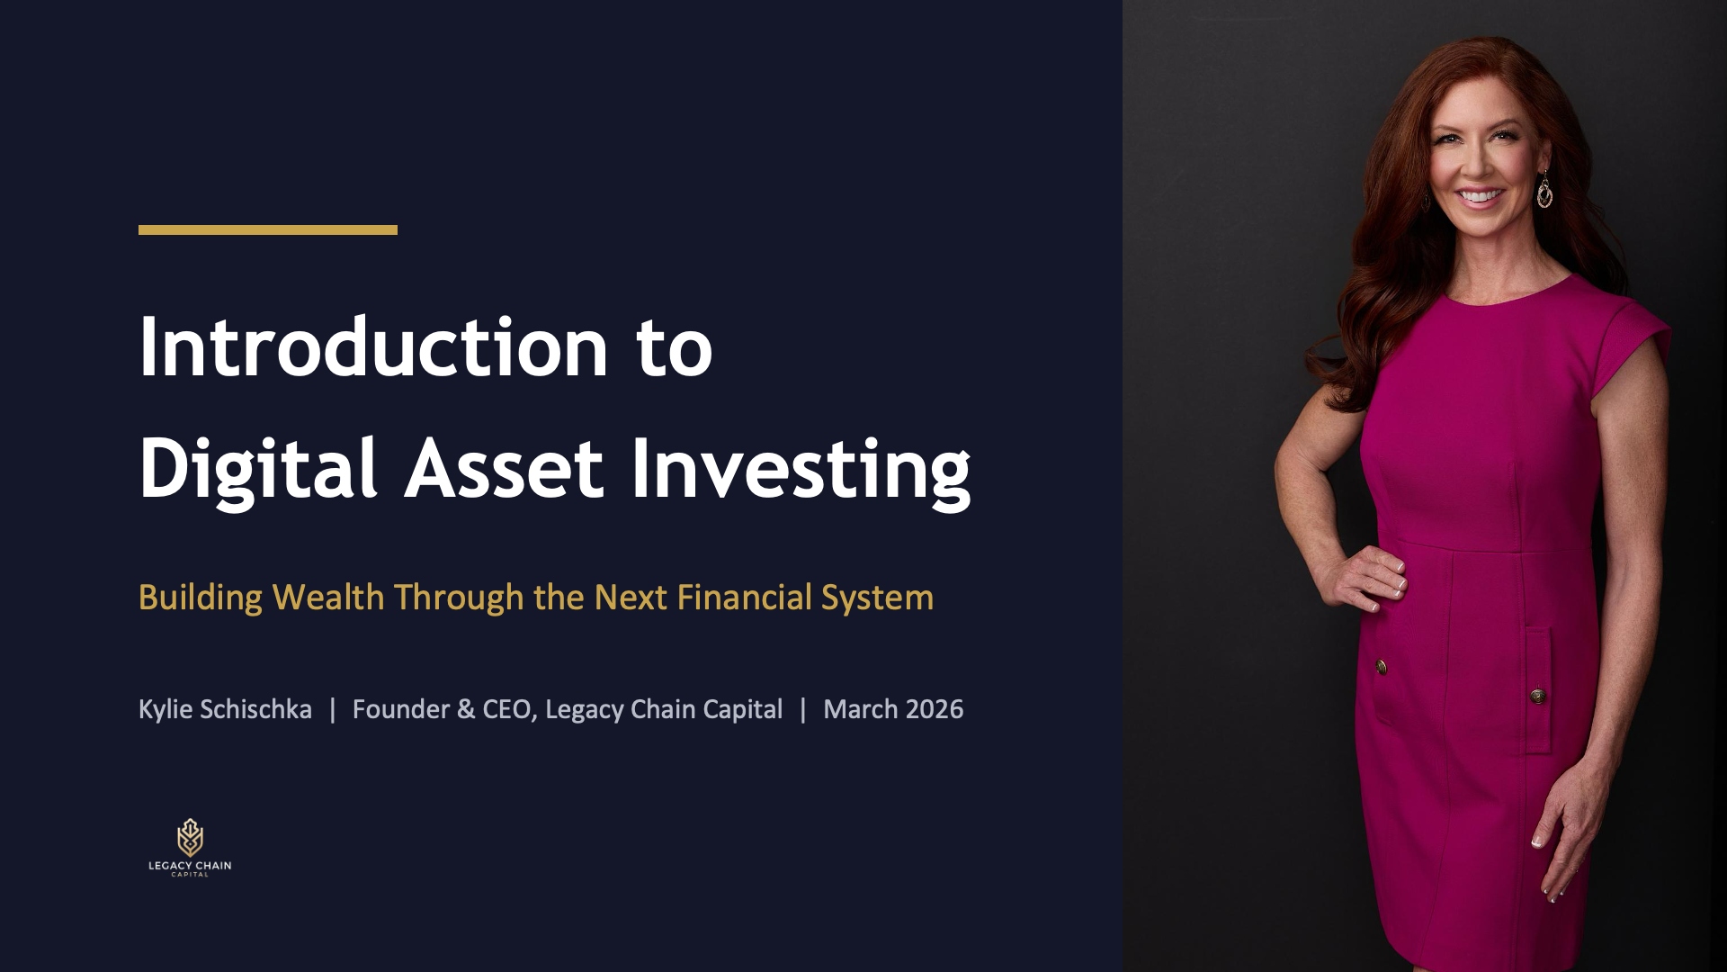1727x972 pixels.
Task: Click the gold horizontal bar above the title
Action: pyautogui.click(x=267, y=230)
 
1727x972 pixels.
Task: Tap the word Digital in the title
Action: pyautogui.click(x=257, y=469)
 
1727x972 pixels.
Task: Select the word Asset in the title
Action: pyautogui.click(x=504, y=469)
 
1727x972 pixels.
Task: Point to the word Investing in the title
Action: pyautogui.click(x=801, y=469)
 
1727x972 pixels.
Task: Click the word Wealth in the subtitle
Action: pyautogui.click(x=328, y=598)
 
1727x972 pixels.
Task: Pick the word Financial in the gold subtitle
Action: pyautogui.click(x=744, y=598)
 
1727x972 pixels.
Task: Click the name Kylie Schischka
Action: pyautogui.click(x=225, y=709)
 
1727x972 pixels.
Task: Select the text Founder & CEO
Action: pyautogui.click(x=444, y=709)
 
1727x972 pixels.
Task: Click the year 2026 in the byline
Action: pyautogui.click(x=935, y=709)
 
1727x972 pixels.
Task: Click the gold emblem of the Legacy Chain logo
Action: pyautogui.click(x=190, y=837)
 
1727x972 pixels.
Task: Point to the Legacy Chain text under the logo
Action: pyautogui.click(x=190, y=866)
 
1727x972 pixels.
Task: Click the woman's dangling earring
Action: pyautogui.click(x=1544, y=190)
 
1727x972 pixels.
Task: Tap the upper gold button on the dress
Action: pyautogui.click(x=1382, y=667)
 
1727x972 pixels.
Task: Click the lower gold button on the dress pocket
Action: pyautogui.click(x=1538, y=695)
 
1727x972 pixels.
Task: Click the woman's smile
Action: pyautogui.click(x=1480, y=195)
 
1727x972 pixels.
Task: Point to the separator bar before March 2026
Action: pyautogui.click(x=803, y=709)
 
